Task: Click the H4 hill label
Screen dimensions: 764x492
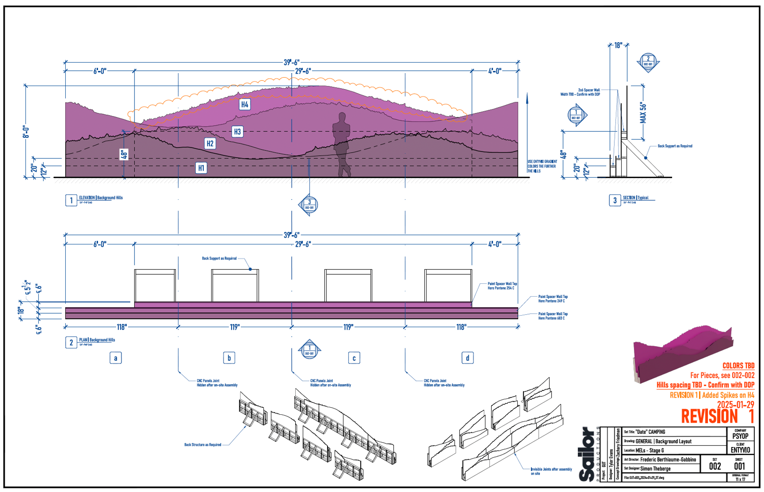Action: tap(245, 104)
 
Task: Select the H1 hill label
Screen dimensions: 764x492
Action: tap(201, 168)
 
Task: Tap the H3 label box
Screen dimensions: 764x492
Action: tap(237, 132)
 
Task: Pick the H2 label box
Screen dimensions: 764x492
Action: tap(210, 143)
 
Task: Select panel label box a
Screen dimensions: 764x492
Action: tap(115, 358)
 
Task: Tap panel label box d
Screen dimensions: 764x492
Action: tap(468, 358)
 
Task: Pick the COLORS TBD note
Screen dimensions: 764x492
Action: tap(738, 366)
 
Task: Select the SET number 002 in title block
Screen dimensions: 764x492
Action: tap(715, 467)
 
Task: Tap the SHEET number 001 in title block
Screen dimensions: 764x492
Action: tap(739, 467)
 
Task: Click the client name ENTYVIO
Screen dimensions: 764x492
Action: tap(740, 450)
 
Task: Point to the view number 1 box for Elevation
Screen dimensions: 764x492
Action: tap(71, 200)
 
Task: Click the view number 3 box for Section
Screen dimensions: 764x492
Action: tap(615, 200)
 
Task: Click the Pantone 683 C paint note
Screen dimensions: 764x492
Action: tap(553, 316)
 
